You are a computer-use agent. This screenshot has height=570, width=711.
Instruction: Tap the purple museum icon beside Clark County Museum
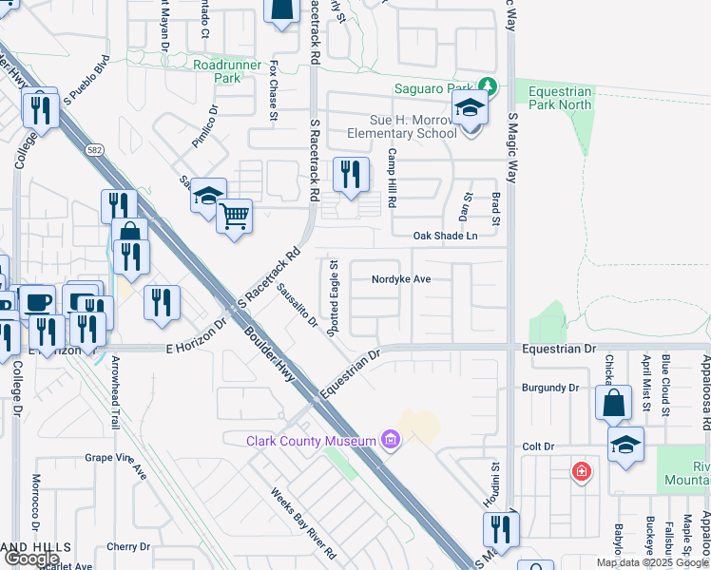point(389,440)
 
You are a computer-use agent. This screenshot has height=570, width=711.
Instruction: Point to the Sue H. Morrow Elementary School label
point(413,127)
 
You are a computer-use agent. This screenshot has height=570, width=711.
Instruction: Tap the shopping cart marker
point(234,218)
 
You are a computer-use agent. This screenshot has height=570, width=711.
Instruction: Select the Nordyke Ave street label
point(402,279)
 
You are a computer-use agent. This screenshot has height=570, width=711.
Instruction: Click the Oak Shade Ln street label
point(444,236)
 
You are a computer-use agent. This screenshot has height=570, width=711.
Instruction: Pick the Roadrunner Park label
point(217,71)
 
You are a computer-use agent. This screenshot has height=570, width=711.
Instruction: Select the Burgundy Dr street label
point(551,388)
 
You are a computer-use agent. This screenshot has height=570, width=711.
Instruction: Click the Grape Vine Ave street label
point(117,465)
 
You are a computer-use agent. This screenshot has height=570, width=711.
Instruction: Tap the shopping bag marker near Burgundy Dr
point(614,403)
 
